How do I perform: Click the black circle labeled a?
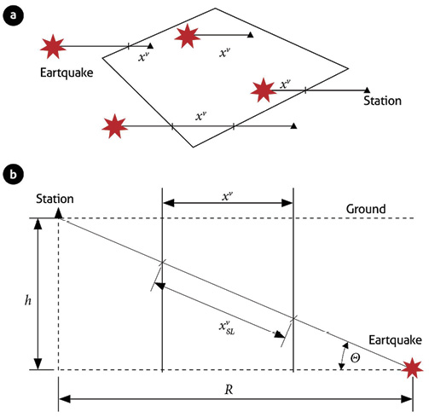(13, 15)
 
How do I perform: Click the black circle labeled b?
(13, 174)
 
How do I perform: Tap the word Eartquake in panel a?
(67, 73)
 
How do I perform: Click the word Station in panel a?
(382, 101)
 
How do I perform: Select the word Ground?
(366, 209)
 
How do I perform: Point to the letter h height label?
(28, 300)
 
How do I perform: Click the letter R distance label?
(229, 390)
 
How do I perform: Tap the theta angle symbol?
(355, 357)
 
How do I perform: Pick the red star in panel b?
(413, 368)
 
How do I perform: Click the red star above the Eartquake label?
(53, 47)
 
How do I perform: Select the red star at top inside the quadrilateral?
(188, 36)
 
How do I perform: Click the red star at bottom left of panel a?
(114, 126)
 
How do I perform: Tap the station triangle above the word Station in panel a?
(367, 90)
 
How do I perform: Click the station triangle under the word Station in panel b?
(58, 213)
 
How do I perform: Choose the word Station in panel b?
(55, 199)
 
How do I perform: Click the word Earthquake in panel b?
(395, 340)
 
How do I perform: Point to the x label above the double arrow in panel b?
(228, 196)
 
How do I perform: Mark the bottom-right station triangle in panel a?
(293, 125)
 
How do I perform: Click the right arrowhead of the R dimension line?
(407, 399)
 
